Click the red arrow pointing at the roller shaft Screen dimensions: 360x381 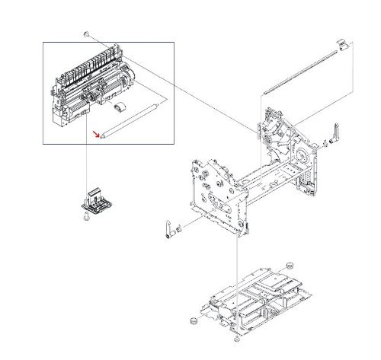pos(96,135)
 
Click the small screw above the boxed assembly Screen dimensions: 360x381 pos(88,35)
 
